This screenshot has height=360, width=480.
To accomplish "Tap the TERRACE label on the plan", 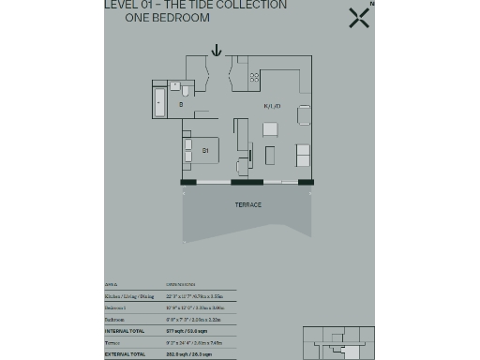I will (248, 204).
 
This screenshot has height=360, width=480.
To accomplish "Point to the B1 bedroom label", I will (204, 149).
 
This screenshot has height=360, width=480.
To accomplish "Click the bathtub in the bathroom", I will (159, 101).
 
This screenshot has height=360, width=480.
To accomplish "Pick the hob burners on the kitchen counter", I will (254, 77).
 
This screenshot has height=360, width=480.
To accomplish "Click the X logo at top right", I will (358, 17).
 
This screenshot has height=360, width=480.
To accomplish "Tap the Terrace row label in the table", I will (112, 342).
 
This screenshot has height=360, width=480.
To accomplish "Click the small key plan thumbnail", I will (338, 342).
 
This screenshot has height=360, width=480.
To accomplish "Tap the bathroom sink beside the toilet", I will (175, 85).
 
